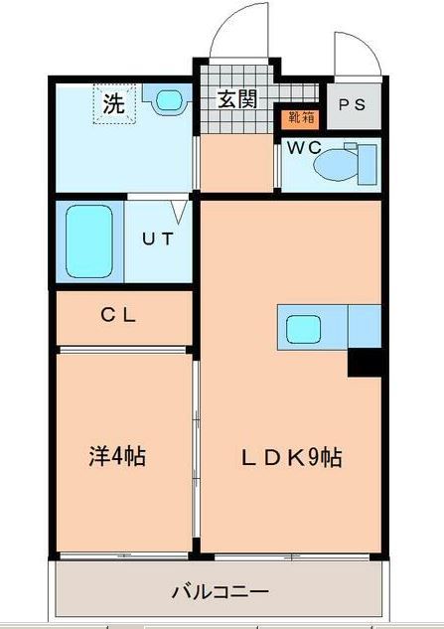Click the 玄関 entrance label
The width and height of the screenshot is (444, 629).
[x=237, y=98]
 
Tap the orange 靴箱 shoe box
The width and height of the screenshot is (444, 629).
[x=297, y=118]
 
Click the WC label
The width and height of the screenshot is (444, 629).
[x=302, y=148]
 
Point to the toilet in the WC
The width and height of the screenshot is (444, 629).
[x=348, y=163]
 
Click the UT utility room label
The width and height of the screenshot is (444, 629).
[x=155, y=239]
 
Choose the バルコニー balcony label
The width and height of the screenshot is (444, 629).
[x=220, y=591]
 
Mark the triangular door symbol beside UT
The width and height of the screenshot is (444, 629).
[x=179, y=212]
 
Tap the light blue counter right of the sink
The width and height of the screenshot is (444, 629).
[x=365, y=326]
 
